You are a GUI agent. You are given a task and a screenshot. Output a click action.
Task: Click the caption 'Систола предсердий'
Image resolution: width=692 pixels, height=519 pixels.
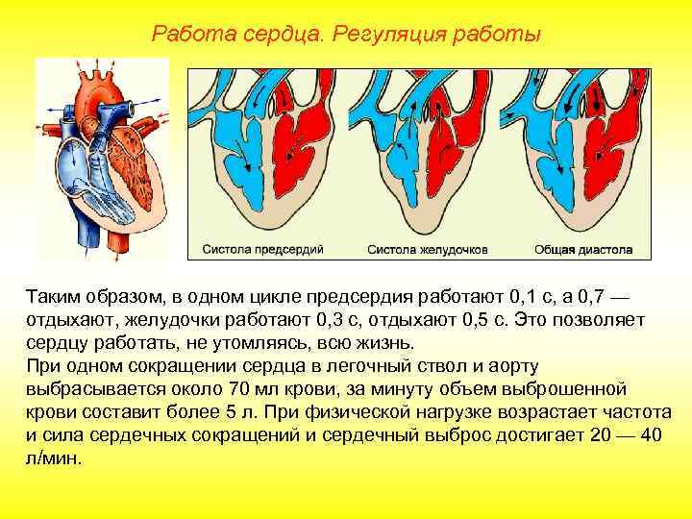[x=262, y=250]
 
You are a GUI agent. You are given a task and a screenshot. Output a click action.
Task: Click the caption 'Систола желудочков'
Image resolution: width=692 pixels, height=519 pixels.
[x=428, y=250]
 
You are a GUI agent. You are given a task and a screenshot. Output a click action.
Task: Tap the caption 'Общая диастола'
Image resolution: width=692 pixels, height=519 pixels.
[x=583, y=250]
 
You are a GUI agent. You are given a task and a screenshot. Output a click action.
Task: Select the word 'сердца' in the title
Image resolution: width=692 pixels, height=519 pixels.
[x=287, y=36]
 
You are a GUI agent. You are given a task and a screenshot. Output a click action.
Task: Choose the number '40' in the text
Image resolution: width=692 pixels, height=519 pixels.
[x=652, y=435]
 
